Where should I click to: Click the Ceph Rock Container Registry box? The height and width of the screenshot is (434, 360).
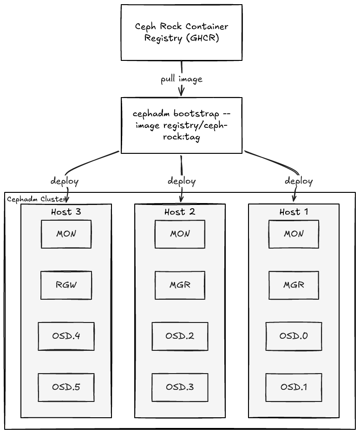click(181, 33)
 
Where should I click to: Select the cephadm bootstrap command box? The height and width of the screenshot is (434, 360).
click(181, 125)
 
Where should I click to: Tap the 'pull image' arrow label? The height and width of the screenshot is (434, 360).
click(182, 79)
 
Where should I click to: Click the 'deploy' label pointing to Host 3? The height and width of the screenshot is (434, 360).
click(65, 181)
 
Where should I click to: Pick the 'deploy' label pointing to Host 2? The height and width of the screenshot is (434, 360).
click(182, 181)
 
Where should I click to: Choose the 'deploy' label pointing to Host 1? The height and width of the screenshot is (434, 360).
click(299, 181)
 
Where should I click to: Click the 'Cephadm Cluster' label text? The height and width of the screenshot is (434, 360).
click(36, 199)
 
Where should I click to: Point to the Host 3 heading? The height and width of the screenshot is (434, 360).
click(66, 212)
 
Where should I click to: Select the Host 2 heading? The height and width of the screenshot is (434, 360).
click(180, 212)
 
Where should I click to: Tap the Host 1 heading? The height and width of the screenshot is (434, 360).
click(294, 212)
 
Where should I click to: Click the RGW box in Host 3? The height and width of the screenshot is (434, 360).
click(66, 285)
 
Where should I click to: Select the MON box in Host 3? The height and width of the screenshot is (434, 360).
click(66, 234)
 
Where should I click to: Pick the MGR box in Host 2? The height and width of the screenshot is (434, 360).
click(180, 285)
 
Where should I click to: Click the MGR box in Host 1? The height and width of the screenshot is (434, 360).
click(294, 285)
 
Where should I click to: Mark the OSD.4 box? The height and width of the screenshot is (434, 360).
click(66, 336)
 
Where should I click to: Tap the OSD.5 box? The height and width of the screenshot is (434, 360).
click(66, 388)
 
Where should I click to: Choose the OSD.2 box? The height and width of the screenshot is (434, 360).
click(180, 336)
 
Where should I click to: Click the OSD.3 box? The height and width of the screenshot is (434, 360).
click(180, 388)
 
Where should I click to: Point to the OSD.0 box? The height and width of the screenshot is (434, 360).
click(294, 336)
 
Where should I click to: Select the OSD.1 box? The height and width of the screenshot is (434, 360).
click(294, 388)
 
